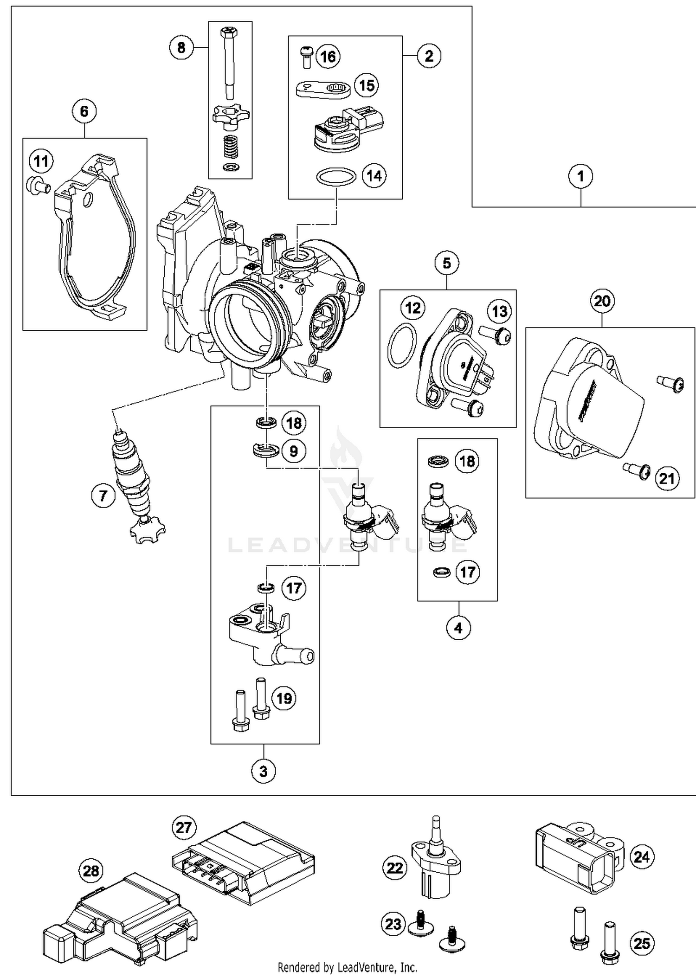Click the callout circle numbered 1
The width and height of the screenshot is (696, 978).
[x=580, y=176]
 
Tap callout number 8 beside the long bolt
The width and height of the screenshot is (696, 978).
[x=181, y=47]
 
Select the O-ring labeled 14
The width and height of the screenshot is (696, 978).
[x=336, y=177]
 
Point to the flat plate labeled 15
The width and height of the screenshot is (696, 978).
[x=323, y=88]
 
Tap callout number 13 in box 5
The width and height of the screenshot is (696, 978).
[x=499, y=311]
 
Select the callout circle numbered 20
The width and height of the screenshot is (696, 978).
[x=602, y=301]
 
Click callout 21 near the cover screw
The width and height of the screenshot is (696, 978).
[x=667, y=478]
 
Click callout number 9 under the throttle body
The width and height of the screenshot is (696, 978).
[x=293, y=450]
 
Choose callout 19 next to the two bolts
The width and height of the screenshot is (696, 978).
[x=284, y=698]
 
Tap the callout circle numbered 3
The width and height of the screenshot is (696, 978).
[x=263, y=771]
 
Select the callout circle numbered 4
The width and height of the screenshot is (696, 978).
[x=458, y=628]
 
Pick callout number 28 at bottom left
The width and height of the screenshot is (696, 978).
[x=91, y=871]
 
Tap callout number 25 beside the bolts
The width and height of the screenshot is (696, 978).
[x=642, y=943]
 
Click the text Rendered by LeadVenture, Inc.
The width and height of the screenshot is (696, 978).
[x=347, y=967]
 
